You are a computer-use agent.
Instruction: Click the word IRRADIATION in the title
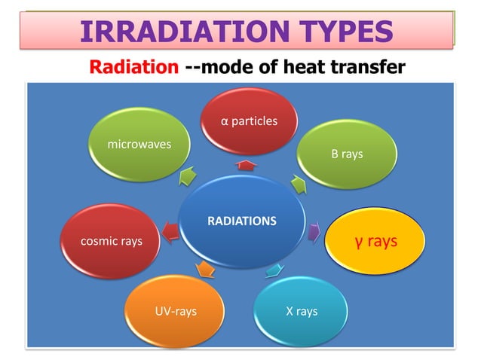click(170, 32)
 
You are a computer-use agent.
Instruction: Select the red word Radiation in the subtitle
click(133, 68)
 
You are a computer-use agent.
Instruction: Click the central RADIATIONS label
click(242, 221)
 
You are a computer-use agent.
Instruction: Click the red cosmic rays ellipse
click(111, 242)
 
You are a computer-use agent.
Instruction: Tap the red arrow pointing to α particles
click(244, 163)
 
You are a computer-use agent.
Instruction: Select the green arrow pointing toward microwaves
click(186, 176)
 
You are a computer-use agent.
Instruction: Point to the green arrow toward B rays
click(299, 182)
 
